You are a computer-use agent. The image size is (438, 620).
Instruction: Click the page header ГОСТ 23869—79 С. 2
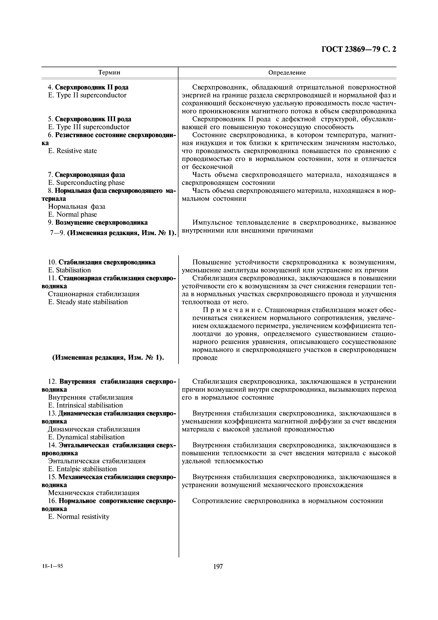tap(359, 49)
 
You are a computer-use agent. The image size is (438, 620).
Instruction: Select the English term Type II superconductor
tap(87, 95)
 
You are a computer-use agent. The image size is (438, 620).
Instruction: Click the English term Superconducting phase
tap(86, 183)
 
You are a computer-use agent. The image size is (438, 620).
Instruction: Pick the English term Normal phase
tap(72, 214)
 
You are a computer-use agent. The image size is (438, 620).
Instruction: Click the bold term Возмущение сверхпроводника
tap(101, 223)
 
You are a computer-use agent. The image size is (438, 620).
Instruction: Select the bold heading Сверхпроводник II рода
tap(92, 87)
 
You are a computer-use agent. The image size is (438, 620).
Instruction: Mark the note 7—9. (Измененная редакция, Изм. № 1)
tap(113, 233)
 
